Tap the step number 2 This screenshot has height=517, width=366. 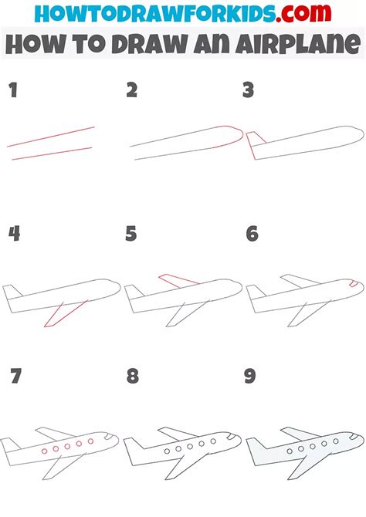tap(132, 91)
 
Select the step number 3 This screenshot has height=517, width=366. tap(248, 91)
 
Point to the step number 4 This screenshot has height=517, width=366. tap(14, 234)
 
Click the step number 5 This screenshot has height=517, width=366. tap(132, 234)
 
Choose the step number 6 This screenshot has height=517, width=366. tap(251, 234)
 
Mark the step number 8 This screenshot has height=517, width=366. tap(132, 377)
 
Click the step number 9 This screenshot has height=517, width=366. tap(251, 377)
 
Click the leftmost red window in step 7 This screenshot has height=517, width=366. tap(44, 450)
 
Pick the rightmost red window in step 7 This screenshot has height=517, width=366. tap(91, 442)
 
